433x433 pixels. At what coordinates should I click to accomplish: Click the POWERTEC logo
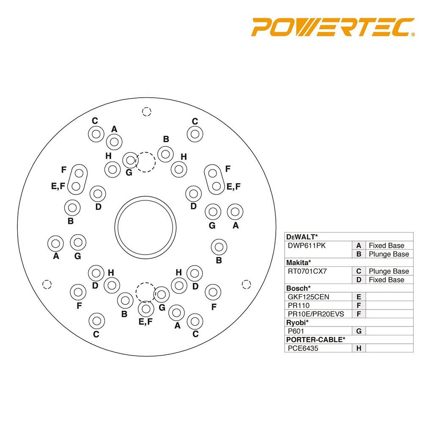[x=333, y=27]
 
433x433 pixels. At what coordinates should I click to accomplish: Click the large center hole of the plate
[x=145, y=227]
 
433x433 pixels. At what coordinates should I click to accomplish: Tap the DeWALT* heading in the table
[x=302, y=237]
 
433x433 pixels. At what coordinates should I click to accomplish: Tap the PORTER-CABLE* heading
[x=315, y=340]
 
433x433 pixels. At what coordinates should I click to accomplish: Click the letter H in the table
[x=359, y=348]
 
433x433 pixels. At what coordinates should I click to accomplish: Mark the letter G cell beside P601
[x=359, y=331]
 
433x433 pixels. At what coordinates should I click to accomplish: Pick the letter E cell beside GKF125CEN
[x=359, y=297]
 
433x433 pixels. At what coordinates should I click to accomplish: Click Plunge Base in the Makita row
[x=389, y=271]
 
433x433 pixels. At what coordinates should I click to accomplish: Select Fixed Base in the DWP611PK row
[x=386, y=246]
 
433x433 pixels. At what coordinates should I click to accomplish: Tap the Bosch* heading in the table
[x=298, y=288]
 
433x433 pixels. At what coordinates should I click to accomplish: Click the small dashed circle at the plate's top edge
[x=146, y=112]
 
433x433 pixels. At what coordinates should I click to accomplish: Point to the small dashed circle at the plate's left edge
[x=47, y=284]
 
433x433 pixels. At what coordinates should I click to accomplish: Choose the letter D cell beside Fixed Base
[x=359, y=280]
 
